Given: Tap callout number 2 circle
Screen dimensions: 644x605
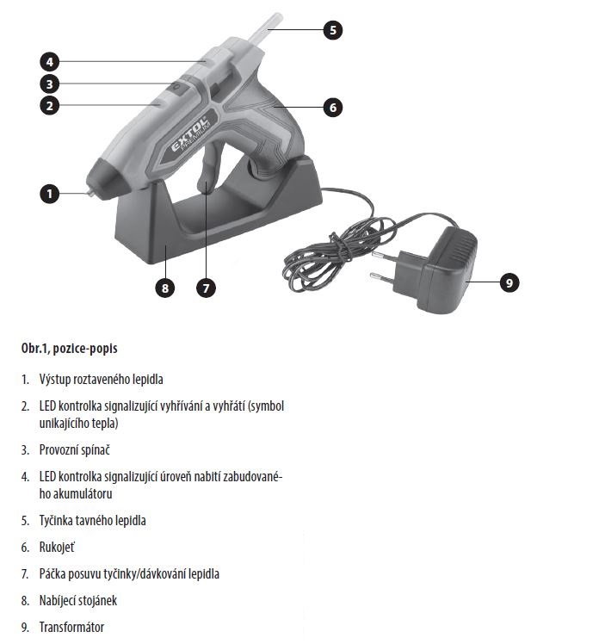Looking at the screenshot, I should (51, 106).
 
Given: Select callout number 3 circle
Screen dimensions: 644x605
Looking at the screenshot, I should (51, 84).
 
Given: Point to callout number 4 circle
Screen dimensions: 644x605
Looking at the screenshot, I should (51, 61).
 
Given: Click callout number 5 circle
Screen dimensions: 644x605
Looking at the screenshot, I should (333, 30).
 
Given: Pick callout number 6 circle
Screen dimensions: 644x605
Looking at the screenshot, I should (333, 108).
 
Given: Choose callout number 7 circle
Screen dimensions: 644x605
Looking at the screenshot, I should (205, 288).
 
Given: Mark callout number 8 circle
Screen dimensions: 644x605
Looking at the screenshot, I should (165, 288).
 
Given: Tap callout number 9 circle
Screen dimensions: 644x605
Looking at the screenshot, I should (509, 282).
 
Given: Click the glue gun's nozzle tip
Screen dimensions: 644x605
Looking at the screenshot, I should (87, 194).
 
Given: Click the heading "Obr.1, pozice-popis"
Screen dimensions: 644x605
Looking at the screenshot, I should (69, 349).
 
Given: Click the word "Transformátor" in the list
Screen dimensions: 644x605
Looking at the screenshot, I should (71, 627).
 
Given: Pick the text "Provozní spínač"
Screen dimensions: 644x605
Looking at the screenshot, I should (74, 449).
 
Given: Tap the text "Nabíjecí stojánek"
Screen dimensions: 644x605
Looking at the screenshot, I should (78, 600).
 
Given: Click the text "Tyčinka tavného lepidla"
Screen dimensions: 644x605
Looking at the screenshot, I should (92, 520).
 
